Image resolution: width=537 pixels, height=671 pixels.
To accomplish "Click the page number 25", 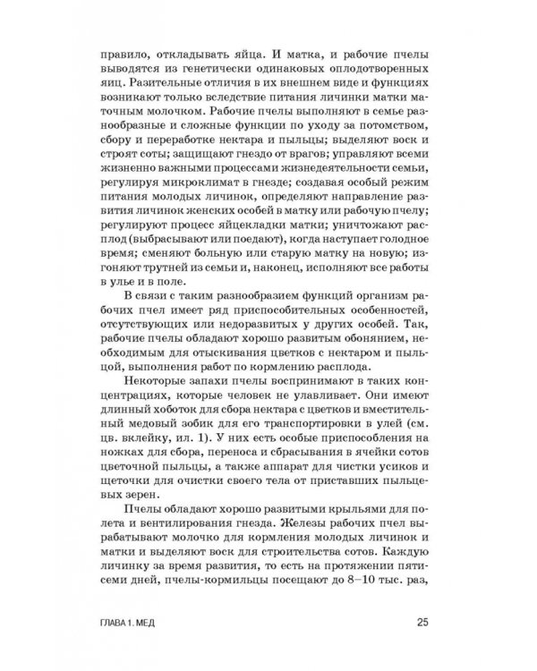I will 425,623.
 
